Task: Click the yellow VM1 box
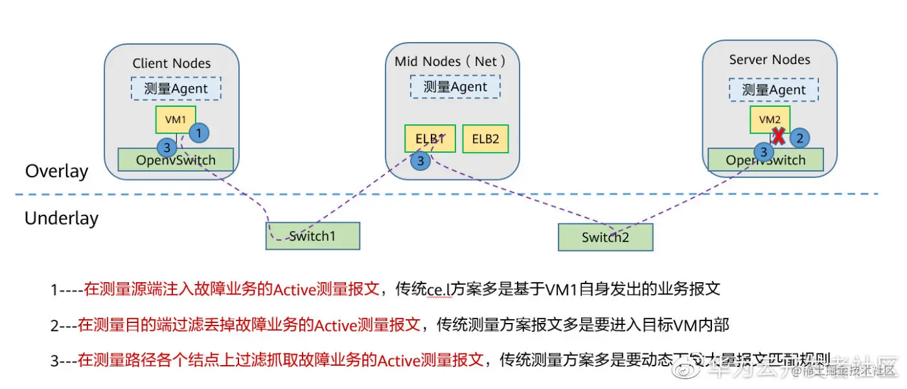point(175,120)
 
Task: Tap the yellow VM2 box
point(769,120)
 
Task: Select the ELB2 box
point(485,139)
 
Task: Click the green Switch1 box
point(312,236)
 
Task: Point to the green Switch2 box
point(605,238)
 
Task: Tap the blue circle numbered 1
point(198,133)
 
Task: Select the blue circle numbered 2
point(800,137)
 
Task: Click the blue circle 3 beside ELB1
point(420,161)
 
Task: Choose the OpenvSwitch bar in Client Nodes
point(176,159)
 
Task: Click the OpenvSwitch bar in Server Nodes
point(765,160)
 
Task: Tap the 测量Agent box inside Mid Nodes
point(455,86)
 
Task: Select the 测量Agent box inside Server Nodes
point(774,90)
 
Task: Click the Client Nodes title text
point(172,63)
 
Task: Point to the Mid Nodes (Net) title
point(450,61)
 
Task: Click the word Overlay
point(56,172)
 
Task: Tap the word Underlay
point(62,218)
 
